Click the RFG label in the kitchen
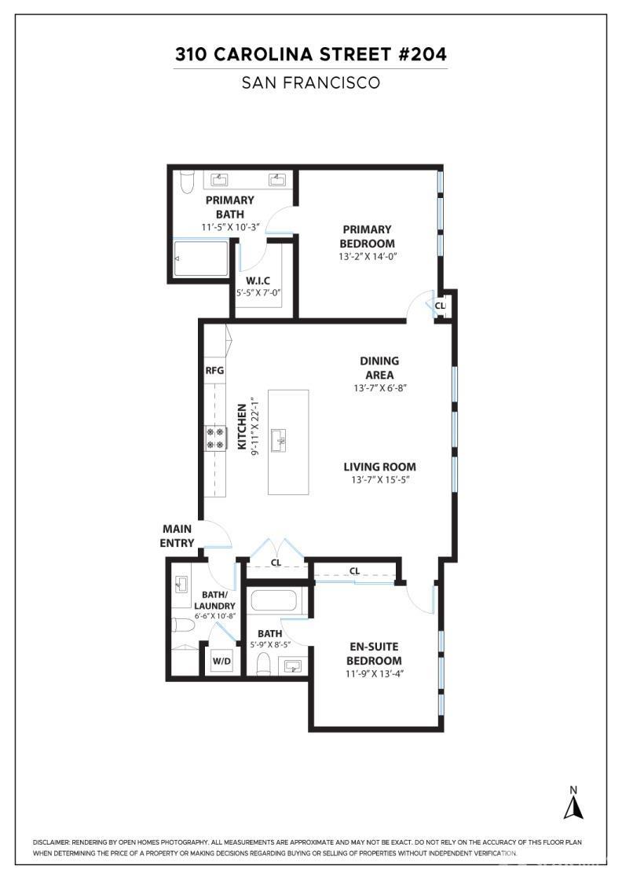[215, 370]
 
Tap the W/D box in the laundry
[221, 661]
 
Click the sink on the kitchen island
[279, 441]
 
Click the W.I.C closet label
[258, 280]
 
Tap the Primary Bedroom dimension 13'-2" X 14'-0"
[368, 256]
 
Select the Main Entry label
[177, 536]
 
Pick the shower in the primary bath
[201, 258]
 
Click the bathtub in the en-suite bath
[273, 600]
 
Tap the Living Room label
[379, 467]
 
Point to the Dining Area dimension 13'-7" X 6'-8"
[379, 388]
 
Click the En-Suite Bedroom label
[374, 653]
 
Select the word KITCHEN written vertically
[243, 427]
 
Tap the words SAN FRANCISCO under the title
[311, 83]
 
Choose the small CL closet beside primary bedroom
[441, 306]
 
